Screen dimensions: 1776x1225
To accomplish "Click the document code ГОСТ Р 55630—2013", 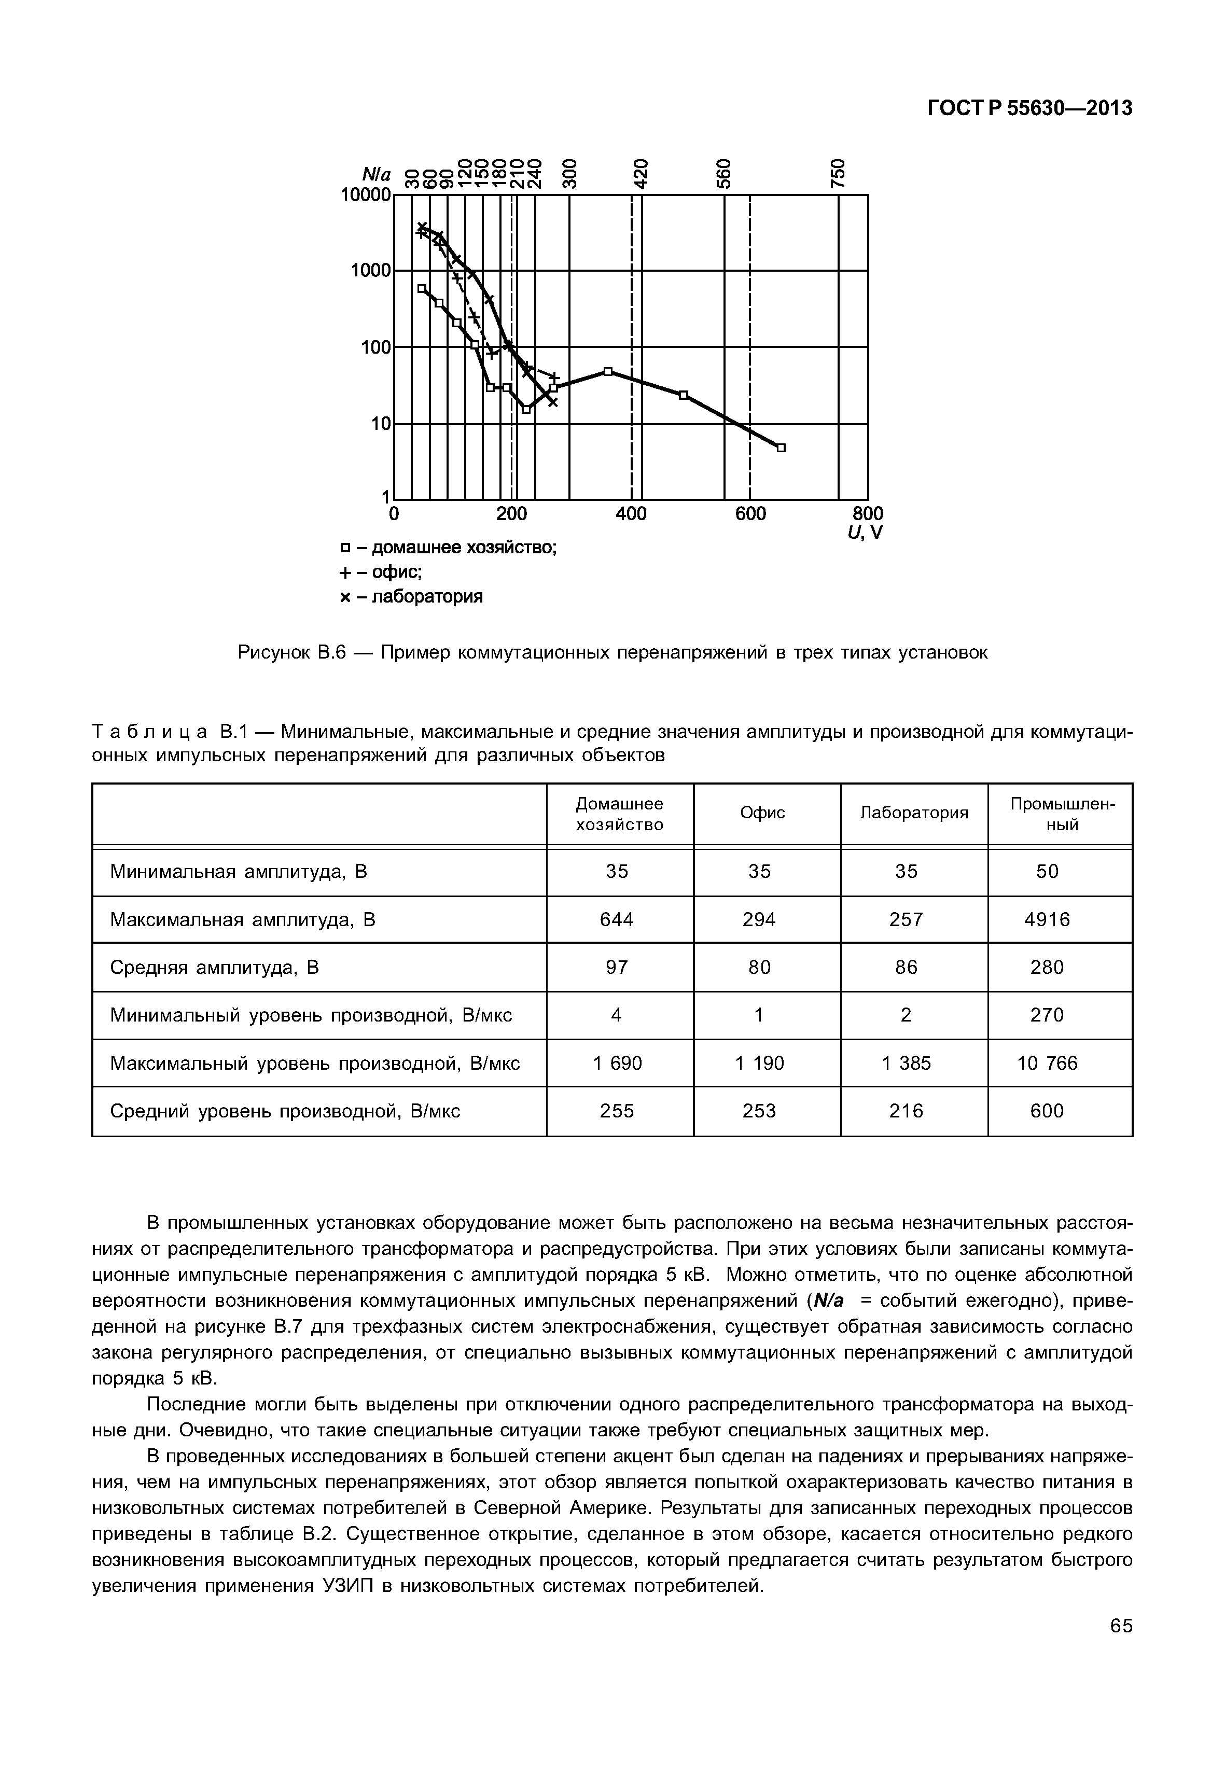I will (1029, 109).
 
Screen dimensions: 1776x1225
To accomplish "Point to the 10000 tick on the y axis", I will (365, 195).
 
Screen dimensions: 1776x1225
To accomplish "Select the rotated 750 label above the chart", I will (839, 173).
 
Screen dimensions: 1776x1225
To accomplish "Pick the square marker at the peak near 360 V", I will (608, 371).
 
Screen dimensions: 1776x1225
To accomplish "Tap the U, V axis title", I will (865, 533).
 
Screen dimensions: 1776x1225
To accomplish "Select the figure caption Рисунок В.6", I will (612, 652).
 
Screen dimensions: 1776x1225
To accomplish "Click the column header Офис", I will (762, 813).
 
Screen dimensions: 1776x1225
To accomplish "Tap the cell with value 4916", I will (1047, 919).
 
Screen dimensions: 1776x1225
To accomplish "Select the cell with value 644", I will (617, 919).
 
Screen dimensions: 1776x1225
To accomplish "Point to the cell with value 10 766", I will (1047, 1063).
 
